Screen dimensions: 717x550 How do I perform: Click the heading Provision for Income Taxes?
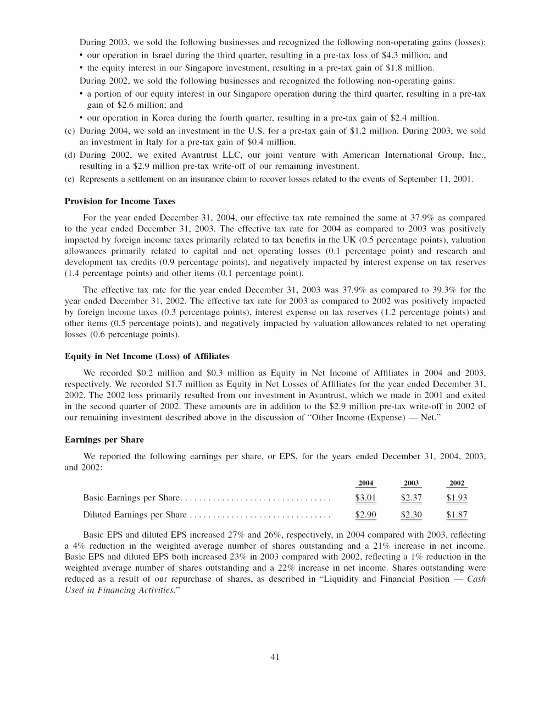tap(120, 201)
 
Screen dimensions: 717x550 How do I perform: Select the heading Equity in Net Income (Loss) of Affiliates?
tap(147, 356)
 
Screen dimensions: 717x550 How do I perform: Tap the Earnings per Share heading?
tap(104, 440)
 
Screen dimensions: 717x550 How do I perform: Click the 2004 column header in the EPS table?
tap(365, 483)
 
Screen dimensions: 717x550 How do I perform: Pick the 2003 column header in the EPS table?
tap(411, 483)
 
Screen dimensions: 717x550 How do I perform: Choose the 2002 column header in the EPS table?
tap(457, 483)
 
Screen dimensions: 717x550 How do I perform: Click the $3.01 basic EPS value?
tap(365, 498)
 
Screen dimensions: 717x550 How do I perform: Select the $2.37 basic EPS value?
tap(411, 498)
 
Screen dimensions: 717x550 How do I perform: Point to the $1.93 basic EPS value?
tap(457, 498)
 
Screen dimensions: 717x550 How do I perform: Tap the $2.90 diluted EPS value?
tap(365, 515)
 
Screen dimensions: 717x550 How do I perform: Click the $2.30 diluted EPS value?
tap(411, 515)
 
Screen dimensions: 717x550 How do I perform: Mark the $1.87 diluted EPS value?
tap(457, 515)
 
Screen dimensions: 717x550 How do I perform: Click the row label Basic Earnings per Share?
tap(131, 498)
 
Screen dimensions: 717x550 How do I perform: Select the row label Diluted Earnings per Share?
tap(135, 515)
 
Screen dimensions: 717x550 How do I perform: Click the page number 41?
tap(275, 657)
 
